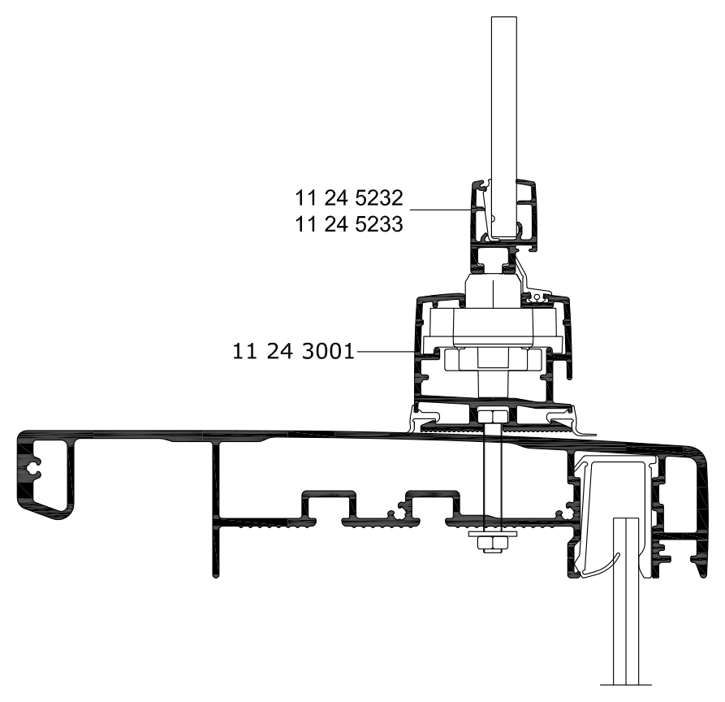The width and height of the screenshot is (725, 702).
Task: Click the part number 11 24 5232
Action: pos(349,198)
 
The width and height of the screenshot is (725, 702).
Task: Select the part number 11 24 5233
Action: pos(349,224)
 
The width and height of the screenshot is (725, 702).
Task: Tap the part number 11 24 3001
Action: pos(293,351)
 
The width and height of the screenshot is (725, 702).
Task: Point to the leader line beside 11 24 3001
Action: pos(386,352)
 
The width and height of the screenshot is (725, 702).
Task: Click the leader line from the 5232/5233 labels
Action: pos(441,210)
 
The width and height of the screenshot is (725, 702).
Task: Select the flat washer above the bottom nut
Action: pos(493,534)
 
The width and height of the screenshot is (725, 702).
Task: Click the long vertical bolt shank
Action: pos(493,477)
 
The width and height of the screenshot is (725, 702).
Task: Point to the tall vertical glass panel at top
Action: pos(504,128)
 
